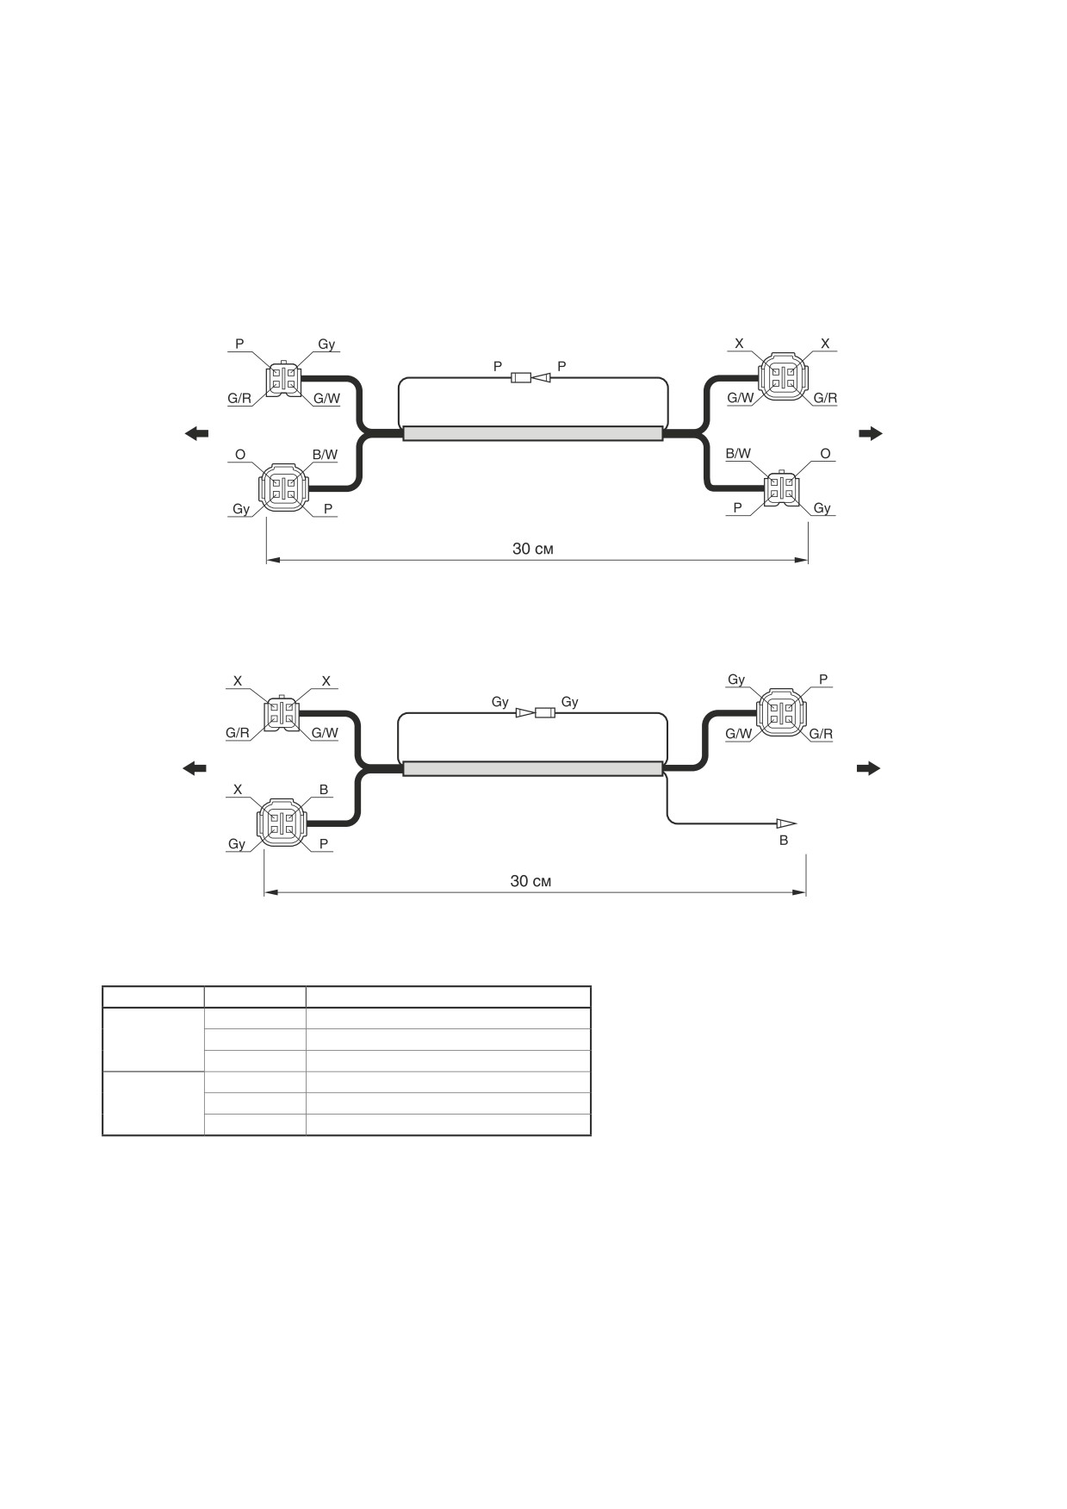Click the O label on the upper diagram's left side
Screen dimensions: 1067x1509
[x=240, y=454]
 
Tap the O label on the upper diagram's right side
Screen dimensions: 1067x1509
[x=825, y=453]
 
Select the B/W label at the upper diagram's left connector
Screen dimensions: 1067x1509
[x=325, y=454]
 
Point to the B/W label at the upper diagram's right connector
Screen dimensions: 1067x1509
[x=738, y=453]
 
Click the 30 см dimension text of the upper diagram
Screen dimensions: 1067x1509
[x=533, y=549]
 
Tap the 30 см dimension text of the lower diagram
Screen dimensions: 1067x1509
[x=530, y=880]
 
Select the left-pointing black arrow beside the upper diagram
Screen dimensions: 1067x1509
[x=196, y=433]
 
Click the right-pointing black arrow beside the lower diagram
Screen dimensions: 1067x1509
[x=869, y=768]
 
